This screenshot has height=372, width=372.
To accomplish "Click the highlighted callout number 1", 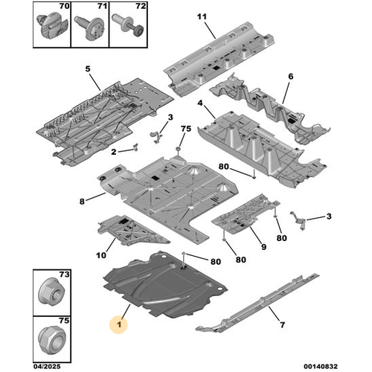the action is point(119,324).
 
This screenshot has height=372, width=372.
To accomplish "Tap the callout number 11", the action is point(202,16).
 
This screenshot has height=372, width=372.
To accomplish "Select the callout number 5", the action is point(88,68).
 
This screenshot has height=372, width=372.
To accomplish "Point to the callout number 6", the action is point(291,77).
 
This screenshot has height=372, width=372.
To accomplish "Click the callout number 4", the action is point(200,103).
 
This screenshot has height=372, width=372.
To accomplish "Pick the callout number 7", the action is point(283,324).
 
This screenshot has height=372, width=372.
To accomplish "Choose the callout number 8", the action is point(82,202).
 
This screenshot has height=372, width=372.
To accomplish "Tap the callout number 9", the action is point(263,247).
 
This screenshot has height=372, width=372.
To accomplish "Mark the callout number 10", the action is point(101,255).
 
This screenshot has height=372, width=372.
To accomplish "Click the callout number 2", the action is point(114,152).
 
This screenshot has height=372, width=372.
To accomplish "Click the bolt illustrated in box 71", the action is point(89,28).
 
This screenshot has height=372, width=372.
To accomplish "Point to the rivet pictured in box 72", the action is point(127,25).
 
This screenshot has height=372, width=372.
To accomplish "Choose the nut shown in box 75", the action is point(52,340).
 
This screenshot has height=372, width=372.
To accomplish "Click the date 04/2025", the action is point(47,366).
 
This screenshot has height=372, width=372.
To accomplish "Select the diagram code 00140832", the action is point(321,366).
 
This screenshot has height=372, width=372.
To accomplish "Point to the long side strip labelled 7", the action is point(258,303).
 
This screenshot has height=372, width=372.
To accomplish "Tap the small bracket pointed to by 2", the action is point(135,147).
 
